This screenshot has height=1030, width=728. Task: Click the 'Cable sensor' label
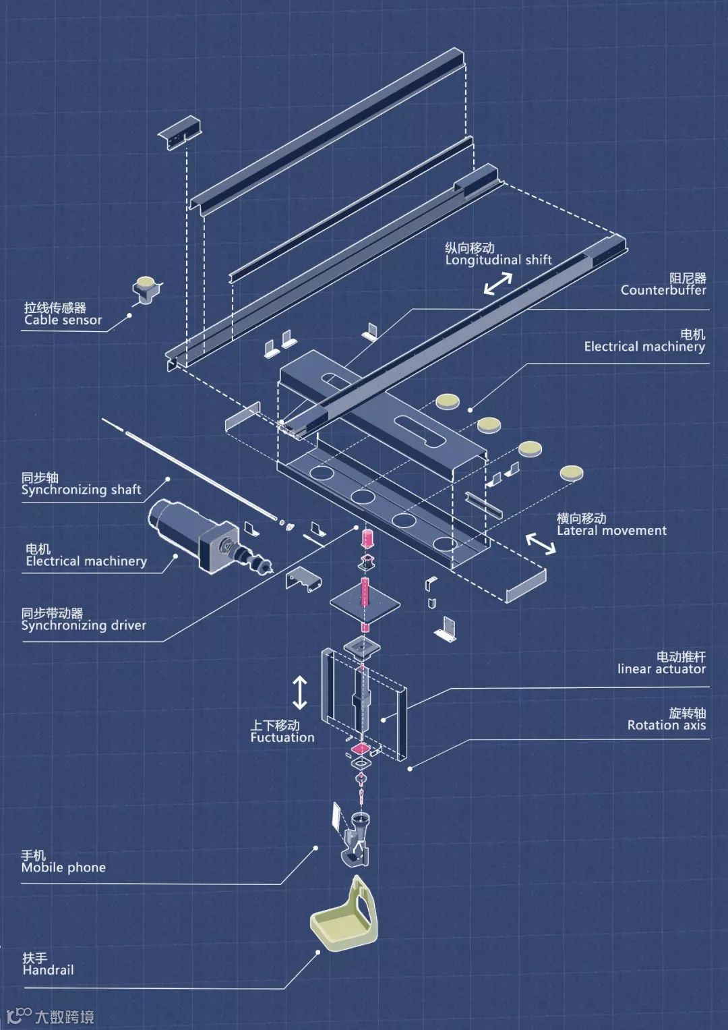click(63, 320)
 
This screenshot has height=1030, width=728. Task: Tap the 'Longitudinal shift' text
click(498, 260)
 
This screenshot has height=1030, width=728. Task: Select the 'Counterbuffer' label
click(663, 290)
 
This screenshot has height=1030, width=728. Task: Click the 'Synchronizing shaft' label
click(81, 490)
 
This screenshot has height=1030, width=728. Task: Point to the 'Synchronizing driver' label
click(84, 625)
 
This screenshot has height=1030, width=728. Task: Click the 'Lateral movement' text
click(611, 531)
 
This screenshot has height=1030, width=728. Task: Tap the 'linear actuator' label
click(661, 669)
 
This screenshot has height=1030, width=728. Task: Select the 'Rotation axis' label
click(666, 725)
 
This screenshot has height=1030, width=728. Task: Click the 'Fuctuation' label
click(282, 737)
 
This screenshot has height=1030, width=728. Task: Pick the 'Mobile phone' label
click(63, 867)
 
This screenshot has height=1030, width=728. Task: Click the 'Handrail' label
click(48, 970)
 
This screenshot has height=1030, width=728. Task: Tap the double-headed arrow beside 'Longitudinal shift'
click(498, 284)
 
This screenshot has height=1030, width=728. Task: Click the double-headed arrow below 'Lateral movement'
click(541, 543)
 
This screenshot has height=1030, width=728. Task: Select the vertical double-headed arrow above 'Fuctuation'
click(300, 693)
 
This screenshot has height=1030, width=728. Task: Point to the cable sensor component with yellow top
click(146, 289)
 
